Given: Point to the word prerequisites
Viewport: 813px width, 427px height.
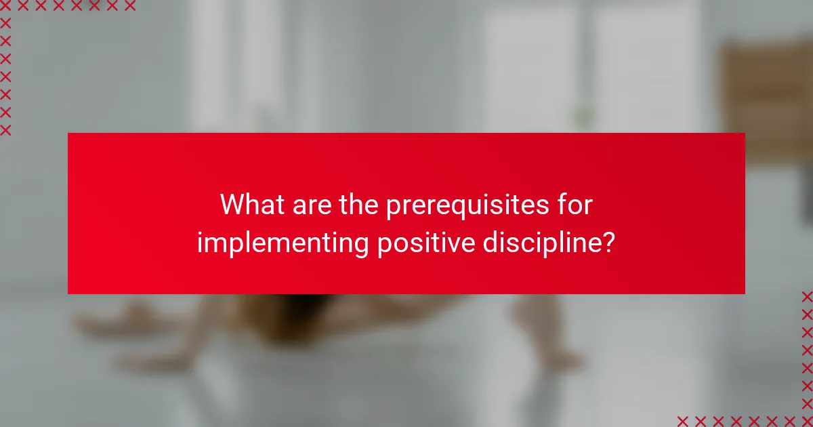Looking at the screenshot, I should pos(470,206).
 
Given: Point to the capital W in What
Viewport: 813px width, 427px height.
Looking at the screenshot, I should pos(233,205).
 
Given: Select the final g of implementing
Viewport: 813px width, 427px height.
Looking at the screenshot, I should pos(361,246).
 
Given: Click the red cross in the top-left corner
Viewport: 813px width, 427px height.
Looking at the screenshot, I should pos(5,6).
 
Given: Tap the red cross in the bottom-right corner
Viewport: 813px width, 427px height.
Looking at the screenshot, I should pos(807,421).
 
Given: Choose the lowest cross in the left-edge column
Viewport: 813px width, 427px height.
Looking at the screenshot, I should pos(5,129).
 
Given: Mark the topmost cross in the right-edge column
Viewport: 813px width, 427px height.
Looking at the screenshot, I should pos(807,296).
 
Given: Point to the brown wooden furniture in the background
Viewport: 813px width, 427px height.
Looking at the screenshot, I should pos(766,95).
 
